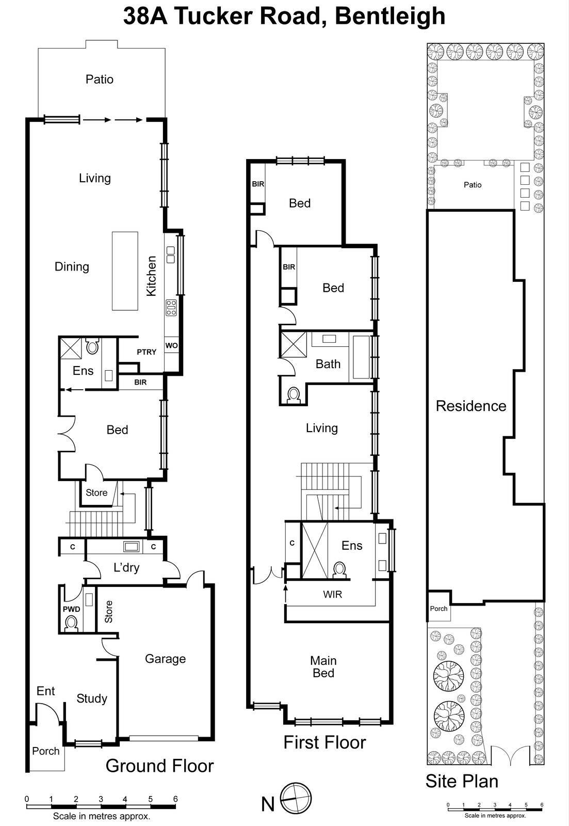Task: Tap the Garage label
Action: coord(165,659)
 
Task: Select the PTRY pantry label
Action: coord(147,352)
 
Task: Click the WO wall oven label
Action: coord(171,345)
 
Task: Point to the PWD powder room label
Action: coord(72,609)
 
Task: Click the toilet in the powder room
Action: coord(71,624)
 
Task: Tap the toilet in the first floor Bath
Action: coord(294,395)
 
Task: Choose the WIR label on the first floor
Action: coord(332,595)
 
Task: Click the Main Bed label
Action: coord(323,666)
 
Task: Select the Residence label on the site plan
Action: coord(471,406)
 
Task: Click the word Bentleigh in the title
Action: coord(390,15)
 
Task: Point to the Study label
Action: coord(92,698)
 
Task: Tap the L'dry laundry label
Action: coord(126,568)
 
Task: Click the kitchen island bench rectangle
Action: coord(125,271)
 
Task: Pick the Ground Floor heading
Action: coord(159,766)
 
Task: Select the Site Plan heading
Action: coord(462,781)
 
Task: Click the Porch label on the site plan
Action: coord(438,609)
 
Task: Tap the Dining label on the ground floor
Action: coord(72,267)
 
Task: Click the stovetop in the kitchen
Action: coord(171,308)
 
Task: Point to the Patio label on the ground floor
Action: coord(100,80)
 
